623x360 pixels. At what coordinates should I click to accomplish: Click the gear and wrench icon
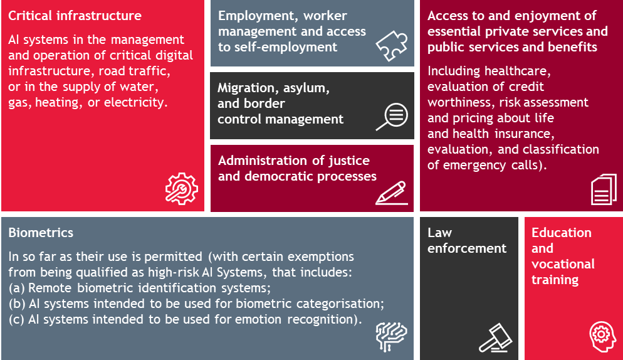point(182,189)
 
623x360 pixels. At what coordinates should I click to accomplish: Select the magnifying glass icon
point(392,117)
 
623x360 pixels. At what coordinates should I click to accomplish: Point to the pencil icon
point(391,193)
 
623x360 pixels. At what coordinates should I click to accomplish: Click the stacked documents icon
point(604,189)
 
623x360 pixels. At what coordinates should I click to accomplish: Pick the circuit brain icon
point(391,337)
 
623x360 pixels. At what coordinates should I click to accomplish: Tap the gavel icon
point(496,337)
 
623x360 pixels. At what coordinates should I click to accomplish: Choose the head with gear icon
point(602,337)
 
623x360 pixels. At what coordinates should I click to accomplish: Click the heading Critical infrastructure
point(75,16)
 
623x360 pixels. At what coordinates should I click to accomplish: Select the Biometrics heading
point(41,233)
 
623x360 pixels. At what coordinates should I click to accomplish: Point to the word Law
point(440,233)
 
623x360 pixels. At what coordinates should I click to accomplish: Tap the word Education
point(562,233)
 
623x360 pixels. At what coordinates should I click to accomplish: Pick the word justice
point(349,161)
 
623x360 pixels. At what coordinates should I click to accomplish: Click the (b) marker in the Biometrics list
point(17,304)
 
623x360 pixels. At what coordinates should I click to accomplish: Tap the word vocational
point(563,264)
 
